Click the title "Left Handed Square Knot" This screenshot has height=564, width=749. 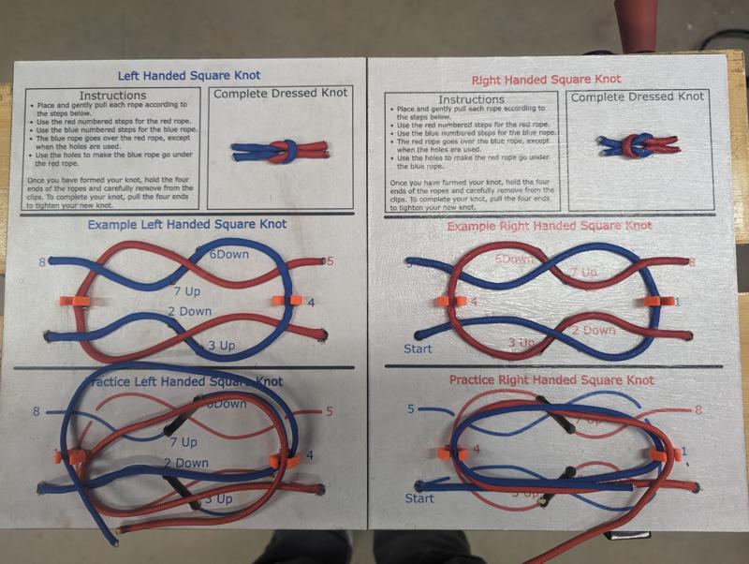(x=189, y=75)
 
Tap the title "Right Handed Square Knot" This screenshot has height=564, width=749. (x=546, y=80)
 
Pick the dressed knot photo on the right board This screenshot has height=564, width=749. (x=638, y=144)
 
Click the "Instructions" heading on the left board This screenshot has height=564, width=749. (x=111, y=95)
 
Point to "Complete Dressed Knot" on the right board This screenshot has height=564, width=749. (x=638, y=96)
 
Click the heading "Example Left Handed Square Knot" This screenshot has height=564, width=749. (x=187, y=225)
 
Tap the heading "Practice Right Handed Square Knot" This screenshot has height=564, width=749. (x=551, y=380)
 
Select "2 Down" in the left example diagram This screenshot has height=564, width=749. (x=189, y=311)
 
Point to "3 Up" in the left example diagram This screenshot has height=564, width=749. (x=223, y=347)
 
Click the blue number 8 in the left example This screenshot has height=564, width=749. (x=41, y=262)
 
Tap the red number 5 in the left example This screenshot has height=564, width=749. (x=330, y=261)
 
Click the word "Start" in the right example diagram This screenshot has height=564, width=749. (x=419, y=349)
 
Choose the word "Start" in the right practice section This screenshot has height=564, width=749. (x=419, y=498)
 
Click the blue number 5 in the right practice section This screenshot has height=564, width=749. (x=411, y=408)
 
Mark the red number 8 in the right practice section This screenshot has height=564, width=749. (x=698, y=410)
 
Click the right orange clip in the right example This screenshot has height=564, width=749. (x=659, y=301)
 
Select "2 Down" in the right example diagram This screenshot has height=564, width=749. (x=594, y=330)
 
